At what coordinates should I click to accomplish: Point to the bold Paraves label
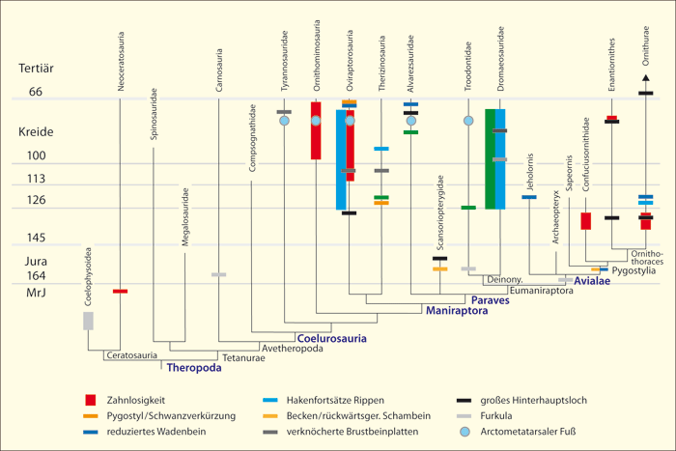click(x=491, y=300)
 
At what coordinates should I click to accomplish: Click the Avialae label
click(x=592, y=282)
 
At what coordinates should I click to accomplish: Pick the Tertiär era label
click(x=39, y=69)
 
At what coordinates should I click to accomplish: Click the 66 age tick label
click(x=37, y=92)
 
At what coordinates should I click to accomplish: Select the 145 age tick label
click(x=37, y=238)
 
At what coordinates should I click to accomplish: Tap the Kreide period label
click(x=38, y=131)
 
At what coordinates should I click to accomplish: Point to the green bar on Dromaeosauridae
click(x=491, y=158)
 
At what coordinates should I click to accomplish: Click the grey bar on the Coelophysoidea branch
click(x=89, y=321)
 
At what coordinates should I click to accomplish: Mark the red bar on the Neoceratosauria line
click(x=120, y=291)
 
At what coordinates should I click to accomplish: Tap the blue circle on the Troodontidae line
click(x=468, y=121)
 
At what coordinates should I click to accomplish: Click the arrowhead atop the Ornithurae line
click(x=646, y=77)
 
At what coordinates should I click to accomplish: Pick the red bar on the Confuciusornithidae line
click(x=585, y=220)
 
